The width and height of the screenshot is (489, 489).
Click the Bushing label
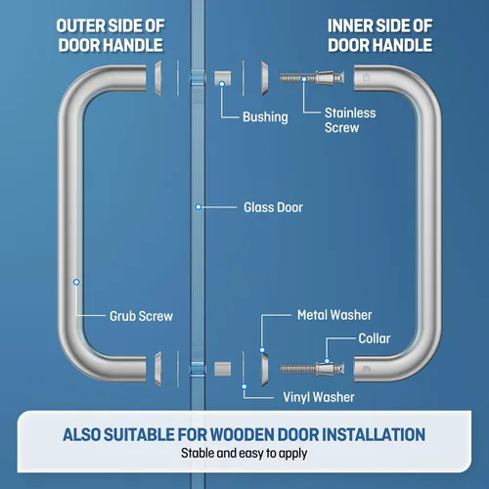tap(265, 117)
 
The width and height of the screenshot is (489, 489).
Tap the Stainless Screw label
tap(350, 120)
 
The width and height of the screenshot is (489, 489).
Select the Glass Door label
tap(273, 207)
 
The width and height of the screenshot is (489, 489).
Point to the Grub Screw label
tap(141, 316)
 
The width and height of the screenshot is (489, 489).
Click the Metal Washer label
tap(334, 315)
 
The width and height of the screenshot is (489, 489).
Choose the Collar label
tap(375, 338)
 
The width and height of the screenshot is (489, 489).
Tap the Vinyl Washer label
tap(319, 397)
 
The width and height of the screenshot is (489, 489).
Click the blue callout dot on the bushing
tap(222, 84)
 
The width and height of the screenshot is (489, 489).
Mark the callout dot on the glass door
tap(199, 207)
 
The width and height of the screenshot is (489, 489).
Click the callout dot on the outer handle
tap(76, 282)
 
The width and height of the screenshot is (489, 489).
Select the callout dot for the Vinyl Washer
tap(244, 386)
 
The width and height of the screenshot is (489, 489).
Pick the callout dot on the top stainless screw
tap(304, 79)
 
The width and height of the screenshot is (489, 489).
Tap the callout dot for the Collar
tap(327, 361)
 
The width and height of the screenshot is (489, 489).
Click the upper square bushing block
tap(223, 78)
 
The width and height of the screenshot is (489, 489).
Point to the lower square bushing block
tap(223, 369)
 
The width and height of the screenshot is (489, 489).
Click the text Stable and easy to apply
tap(244, 453)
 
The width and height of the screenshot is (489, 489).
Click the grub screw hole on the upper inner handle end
tap(366, 78)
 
